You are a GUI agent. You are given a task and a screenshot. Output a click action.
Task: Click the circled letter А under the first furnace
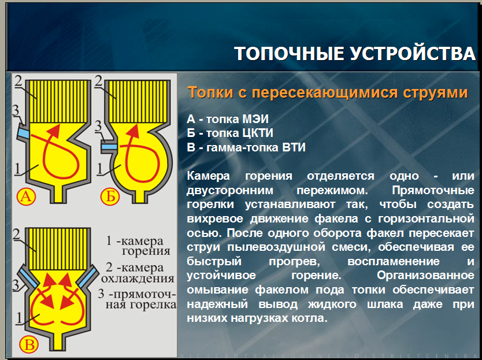click(x=26, y=196)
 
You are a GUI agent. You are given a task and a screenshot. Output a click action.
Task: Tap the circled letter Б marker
click(x=110, y=196)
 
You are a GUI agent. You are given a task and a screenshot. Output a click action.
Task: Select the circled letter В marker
click(x=29, y=344)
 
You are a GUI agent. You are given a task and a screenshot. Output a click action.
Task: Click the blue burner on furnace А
click(x=23, y=133)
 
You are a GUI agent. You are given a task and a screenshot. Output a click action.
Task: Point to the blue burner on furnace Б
click(x=109, y=147)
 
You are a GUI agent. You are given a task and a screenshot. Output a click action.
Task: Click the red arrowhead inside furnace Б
click(x=133, y=131)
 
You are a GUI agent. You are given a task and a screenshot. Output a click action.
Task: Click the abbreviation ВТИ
click(x=294, y=147)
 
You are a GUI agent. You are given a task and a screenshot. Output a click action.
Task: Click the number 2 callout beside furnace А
click(x=18, y=81)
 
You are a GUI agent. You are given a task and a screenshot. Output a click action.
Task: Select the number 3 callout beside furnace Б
click(x=98, y=126)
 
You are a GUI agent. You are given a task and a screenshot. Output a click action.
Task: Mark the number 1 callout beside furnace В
click(x=20, y=318)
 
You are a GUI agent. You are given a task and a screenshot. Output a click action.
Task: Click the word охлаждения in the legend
click(x=138, y=279)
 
